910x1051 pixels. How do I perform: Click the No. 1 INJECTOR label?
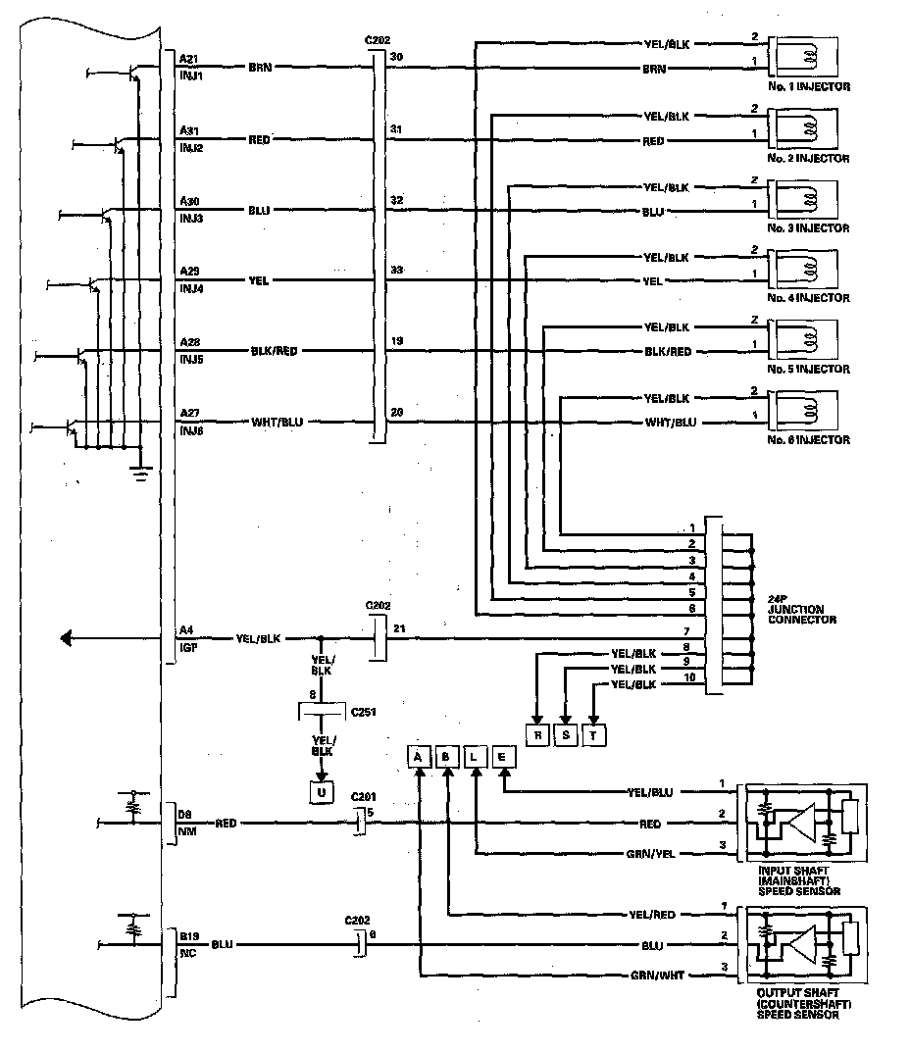pos(809,87)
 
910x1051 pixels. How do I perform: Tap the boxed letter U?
pos(321,792)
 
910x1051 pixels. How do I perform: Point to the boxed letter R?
pos(536,735)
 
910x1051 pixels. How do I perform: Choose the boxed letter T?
pos(594,735)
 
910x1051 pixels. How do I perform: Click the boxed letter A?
pos(419,757)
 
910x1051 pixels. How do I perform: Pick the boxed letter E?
pos(503,757)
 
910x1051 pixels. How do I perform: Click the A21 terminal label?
pos(189,58)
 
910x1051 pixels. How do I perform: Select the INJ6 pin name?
pos(190,429)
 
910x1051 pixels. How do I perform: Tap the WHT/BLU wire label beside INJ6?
pos(277,423)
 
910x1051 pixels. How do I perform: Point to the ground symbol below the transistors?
pos(141,475)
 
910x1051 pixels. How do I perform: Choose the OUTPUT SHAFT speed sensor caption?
pos(803,1006)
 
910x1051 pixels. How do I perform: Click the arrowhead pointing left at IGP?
pos(68,638)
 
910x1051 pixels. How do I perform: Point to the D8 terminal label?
pos(185,813)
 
